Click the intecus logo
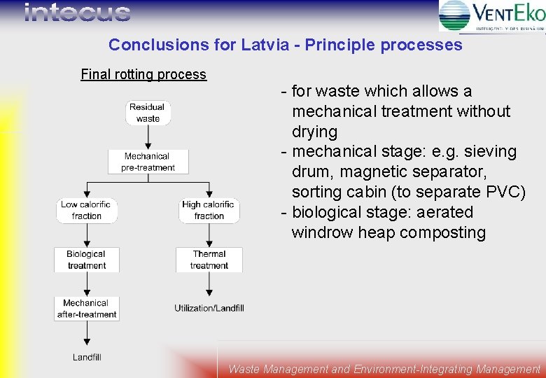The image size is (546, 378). pyautogui.click(x=77, y=13)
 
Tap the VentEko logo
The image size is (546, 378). pyautogui.click(x=492, y=15)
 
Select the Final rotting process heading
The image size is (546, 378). pyautogui.click(x=143, y=74)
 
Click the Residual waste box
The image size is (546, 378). pyautogui.click(x=148, y=113)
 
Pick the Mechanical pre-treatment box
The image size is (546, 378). pyautogui.click(x=148, y=162)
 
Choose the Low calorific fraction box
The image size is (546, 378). pyautogui.click(x=87, y=210)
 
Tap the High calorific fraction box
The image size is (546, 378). pyautogui.click(x=209, y=210)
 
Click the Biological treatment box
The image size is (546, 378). pyautogui.click(x=87, y=260)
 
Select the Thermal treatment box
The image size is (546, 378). pyautogui.click(x=209, y=260)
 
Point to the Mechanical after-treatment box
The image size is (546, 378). pyautogui.click(x=87, y=309)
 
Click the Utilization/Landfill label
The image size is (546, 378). pyautogui.click(x=209, y=309)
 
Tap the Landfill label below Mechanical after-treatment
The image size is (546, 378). pyautogui.click(x=87, y=357)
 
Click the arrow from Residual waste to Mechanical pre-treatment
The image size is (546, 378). pyautogui.click(x=148, y=137)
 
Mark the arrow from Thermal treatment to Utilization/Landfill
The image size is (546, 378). pyautogui.click(x=209, y=284)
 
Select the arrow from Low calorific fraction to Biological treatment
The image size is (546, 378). pyautogui.click(x=87, y=235)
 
